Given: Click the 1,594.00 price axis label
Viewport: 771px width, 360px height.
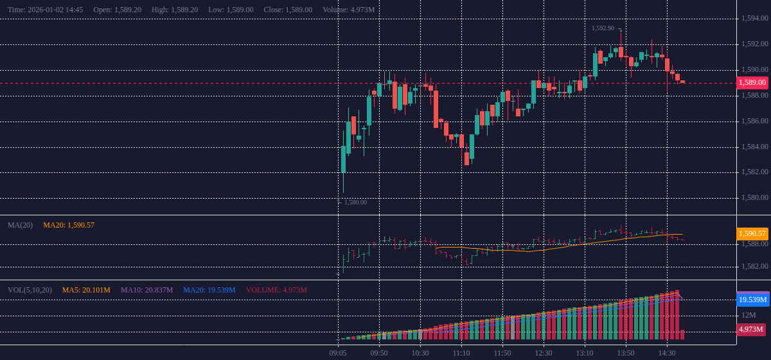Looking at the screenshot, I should tap(754, 18).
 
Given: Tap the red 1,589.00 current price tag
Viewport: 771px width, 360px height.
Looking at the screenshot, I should tap(752, 82).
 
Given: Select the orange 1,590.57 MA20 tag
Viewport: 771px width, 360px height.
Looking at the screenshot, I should tap(752, 233).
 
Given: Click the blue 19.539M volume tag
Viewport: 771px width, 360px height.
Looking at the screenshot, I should tap(752, 300).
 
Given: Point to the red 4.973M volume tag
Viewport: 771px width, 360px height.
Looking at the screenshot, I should tap(751, 329).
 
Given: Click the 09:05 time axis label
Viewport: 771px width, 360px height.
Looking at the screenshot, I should tap(338, 353).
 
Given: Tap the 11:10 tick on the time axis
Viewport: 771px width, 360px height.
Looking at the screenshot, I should tap(461, 353).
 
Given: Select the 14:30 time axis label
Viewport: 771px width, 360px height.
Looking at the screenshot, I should tap(667, 353).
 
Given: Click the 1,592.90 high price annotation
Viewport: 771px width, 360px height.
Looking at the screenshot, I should tap(603, 28).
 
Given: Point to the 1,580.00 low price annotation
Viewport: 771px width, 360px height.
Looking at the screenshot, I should tap(355, 202).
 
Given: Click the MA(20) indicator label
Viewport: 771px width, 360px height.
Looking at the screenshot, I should tap(20, 225).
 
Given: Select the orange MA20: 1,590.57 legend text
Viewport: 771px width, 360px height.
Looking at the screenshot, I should tap(69, 225).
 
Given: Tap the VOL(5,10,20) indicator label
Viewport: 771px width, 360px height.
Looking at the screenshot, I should tap(30, 290).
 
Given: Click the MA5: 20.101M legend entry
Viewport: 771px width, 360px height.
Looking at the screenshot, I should tap(86, 290).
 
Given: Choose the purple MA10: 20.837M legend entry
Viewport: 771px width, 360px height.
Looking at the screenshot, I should tap(146, 290).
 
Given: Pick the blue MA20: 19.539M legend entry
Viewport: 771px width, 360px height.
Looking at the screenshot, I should tap(209, 290).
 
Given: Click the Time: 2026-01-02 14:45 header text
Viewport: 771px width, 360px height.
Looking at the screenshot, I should tap(45, 10).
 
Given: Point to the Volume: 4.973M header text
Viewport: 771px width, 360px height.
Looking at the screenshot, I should tap(348, 10).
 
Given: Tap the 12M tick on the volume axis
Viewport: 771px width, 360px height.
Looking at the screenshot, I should tap(749, 315).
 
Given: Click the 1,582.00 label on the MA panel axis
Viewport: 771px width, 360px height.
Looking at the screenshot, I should tap(754, 266).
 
